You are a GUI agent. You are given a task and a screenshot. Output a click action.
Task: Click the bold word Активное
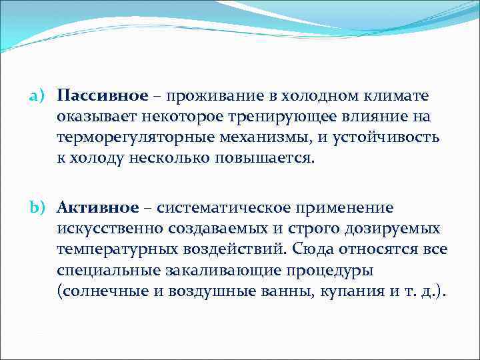click(x=98, y=209)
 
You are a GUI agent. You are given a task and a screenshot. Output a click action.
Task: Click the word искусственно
click(x=105, y=229)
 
